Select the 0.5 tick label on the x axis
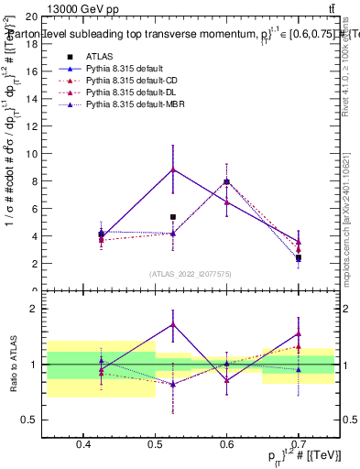pyautogui.click(x=155, y=445)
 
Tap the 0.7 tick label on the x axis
pyautogui.click(x=299, y=445)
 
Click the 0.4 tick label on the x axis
pyautogui.click(x=83, y=445)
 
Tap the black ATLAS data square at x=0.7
pyautogui.click(x=299, y=257)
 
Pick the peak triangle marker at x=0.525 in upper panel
pyautogui.click(x=173, y=169)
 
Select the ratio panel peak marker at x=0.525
pyautogui.click(x=173, y=324)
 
